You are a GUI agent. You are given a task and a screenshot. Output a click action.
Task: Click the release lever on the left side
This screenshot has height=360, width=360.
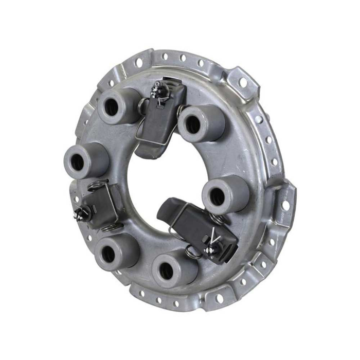click(x=100, y=202)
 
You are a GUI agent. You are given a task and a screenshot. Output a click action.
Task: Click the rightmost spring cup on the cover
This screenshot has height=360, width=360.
click(x=225, y=194)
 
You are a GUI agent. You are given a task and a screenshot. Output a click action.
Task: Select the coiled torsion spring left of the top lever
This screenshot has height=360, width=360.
click(x=142, y=105)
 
